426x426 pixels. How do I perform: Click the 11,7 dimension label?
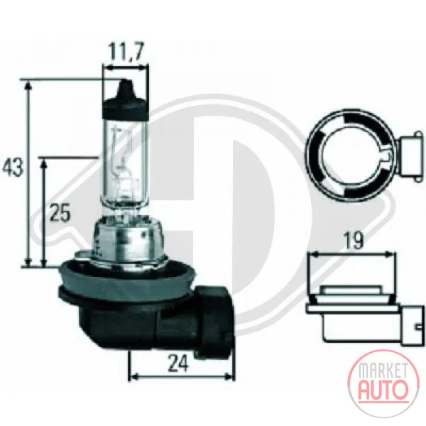[126, 51]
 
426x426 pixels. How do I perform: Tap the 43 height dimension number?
[13, 167]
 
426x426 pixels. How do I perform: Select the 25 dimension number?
[60, 212]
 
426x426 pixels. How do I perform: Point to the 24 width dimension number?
[178, 364]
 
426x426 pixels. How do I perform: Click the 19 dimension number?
[353, 241]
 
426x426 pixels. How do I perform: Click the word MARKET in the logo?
[383, 371]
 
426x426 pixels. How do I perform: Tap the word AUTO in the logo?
[383, 389]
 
